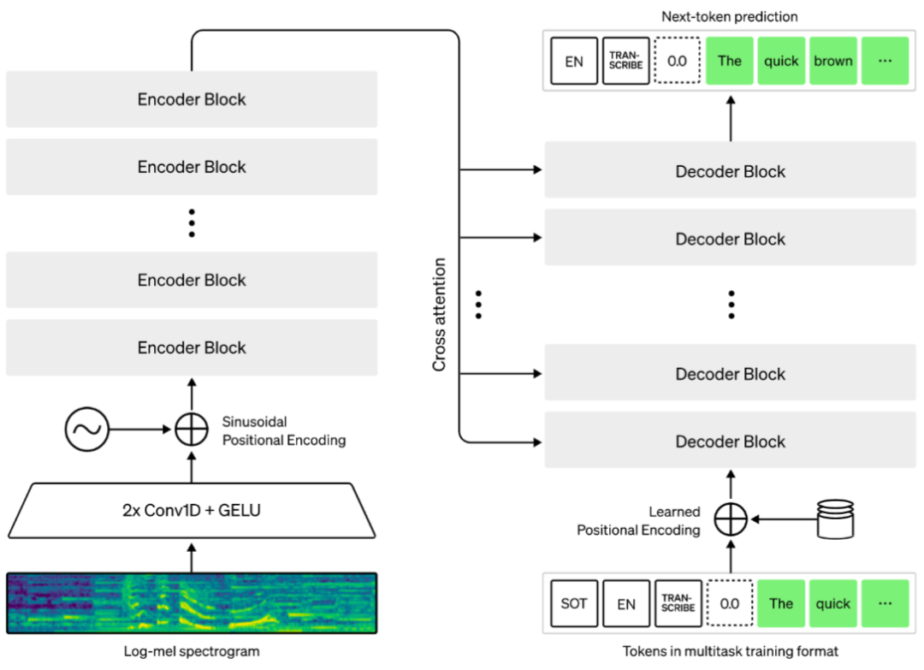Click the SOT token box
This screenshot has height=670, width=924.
coord(574,604)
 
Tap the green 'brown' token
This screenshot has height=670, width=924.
coord(833,61)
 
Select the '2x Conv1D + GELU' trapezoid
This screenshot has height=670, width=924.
coord(192,511)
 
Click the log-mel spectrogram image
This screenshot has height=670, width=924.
coord(192,604)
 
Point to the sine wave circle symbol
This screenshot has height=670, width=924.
coord(87,430)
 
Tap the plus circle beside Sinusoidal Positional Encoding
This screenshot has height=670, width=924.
coord(192,430)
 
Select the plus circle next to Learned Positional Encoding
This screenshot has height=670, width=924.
coord(731,519)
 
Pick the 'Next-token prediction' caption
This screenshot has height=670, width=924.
coord(730,16)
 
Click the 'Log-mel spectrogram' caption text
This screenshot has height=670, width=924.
coord(192,651)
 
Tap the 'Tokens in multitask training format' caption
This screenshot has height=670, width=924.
coord(730,651)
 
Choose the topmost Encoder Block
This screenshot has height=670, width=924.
coord(192,99)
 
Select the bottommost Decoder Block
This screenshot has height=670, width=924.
coord(730,442)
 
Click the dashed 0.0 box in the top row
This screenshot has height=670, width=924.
coord(678,61)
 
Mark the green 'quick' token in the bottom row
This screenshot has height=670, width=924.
coord(833,604)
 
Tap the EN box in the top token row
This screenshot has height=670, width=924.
coord(574,61)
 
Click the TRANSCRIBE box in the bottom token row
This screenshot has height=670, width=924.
coord(678,604)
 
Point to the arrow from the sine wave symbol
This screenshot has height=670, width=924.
coord(140,430)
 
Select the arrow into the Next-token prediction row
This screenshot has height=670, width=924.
coord(731,118)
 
